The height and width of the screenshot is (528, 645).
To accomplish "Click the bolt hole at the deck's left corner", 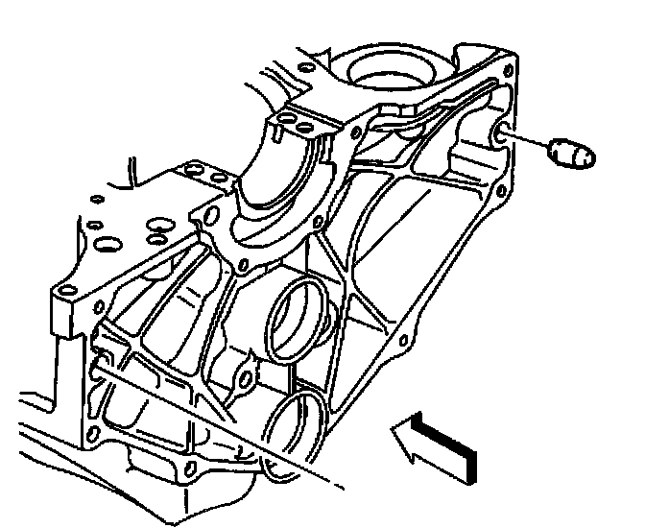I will [x=65, y=292].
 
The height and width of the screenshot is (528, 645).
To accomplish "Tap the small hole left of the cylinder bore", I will [x=307, y=68].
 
